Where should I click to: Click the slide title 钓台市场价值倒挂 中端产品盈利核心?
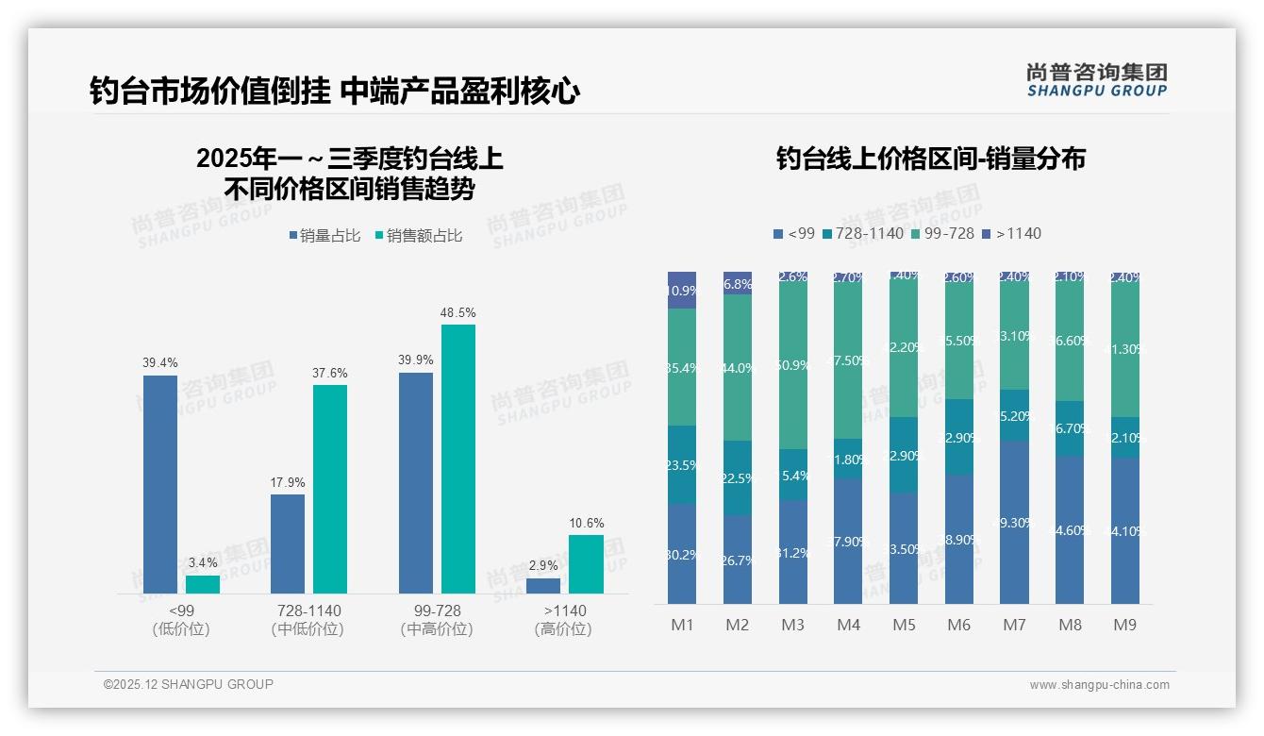point(334,91)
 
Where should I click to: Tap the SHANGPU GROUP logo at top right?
point(1096,80)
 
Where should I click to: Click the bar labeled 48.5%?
point(457,459)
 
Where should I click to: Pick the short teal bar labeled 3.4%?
point(202,584)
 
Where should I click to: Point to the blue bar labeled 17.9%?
point(288,544)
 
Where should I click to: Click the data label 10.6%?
point(586,523)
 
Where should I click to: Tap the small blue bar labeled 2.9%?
point(543,585)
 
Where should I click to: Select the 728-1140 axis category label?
point(308,611)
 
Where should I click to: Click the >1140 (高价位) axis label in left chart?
point(564,620)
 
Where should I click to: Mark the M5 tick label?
point(904,625)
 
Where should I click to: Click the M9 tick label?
point(1124,625)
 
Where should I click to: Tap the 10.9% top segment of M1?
point(681,291)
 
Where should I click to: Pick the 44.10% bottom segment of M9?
point(1124,530)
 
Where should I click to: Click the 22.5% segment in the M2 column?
point(737,477)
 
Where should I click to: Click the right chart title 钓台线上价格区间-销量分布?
point(930,159)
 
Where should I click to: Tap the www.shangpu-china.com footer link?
point(1099,685)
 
